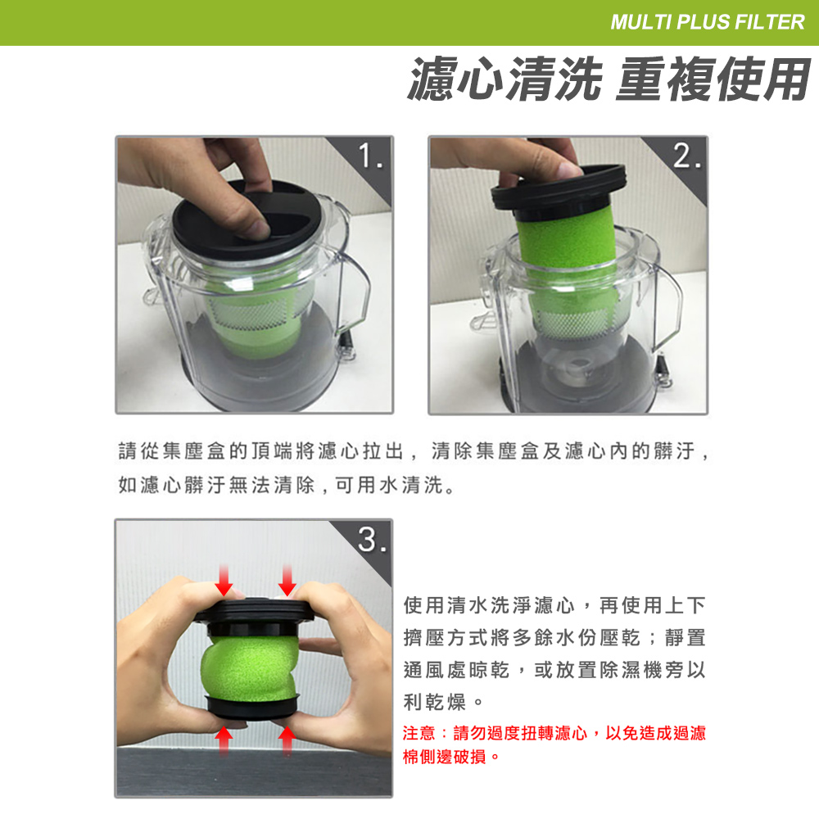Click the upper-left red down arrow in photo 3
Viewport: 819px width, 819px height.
(224, 580)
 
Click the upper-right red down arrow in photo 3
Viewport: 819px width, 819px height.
(287, 580)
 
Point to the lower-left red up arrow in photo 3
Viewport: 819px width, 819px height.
(224, 741)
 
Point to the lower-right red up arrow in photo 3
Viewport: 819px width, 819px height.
(287, 741)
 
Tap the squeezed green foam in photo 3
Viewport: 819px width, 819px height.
(250, 667)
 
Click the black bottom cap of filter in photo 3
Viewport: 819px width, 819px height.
(252, 707)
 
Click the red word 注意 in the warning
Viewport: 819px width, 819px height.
(419, 733)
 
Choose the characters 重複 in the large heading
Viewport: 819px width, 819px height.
(664, 79)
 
